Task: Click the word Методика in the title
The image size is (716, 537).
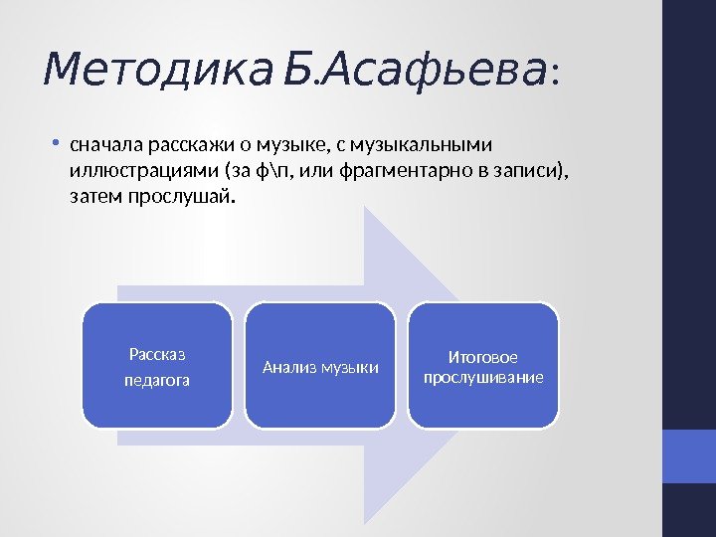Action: pyautogui.click(x=157, y=70)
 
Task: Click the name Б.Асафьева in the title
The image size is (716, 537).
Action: pyautogui.click(x=415, y=70)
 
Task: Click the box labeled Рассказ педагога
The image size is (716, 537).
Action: pyautogui.click(x=157, y=366)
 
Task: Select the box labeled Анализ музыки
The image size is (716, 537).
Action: pyautogui.click(x=320, y=366)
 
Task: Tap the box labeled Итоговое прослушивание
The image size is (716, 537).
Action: pyautogui.click(x=483, y=366)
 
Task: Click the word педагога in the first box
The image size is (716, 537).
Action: pyautogui.click(x=157, y=380)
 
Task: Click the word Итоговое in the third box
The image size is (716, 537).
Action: pyautogui.click(x=483, y=356)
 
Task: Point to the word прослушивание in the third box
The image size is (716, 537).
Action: pyautogui.click(x=483, y=378)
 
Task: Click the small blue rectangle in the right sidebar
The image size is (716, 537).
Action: pyautogui.click(x=688, y=456)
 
